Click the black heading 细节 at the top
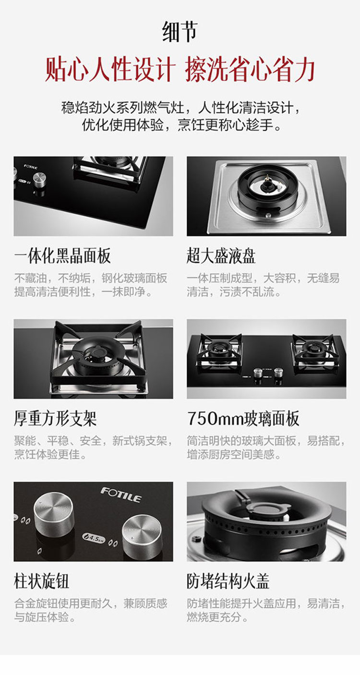point(180,32)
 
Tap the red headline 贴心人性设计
point(110,70)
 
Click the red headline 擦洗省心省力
point(250,70)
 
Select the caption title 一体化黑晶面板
point(62,256)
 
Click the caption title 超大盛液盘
point(221,256)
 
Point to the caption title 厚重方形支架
point(55,419)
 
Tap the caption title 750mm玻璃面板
point(243,419)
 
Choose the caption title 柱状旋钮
point(42,581)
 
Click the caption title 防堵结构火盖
point(228,581)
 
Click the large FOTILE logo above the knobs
point(121,495)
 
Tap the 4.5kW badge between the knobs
point(94,538)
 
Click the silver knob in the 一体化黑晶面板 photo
point(39,180)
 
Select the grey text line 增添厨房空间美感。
point(234,455)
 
